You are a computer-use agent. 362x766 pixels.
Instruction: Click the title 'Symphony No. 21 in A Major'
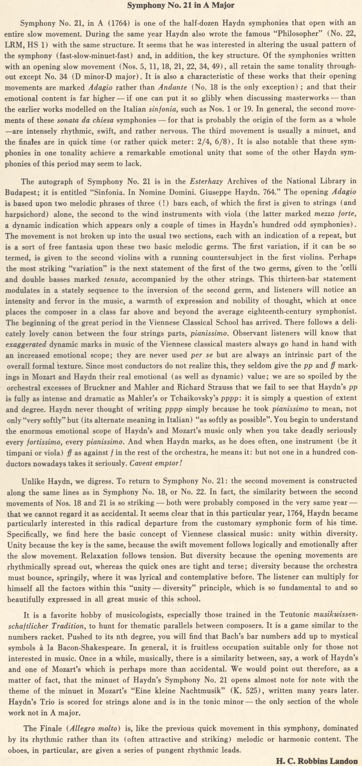[181, 5]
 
